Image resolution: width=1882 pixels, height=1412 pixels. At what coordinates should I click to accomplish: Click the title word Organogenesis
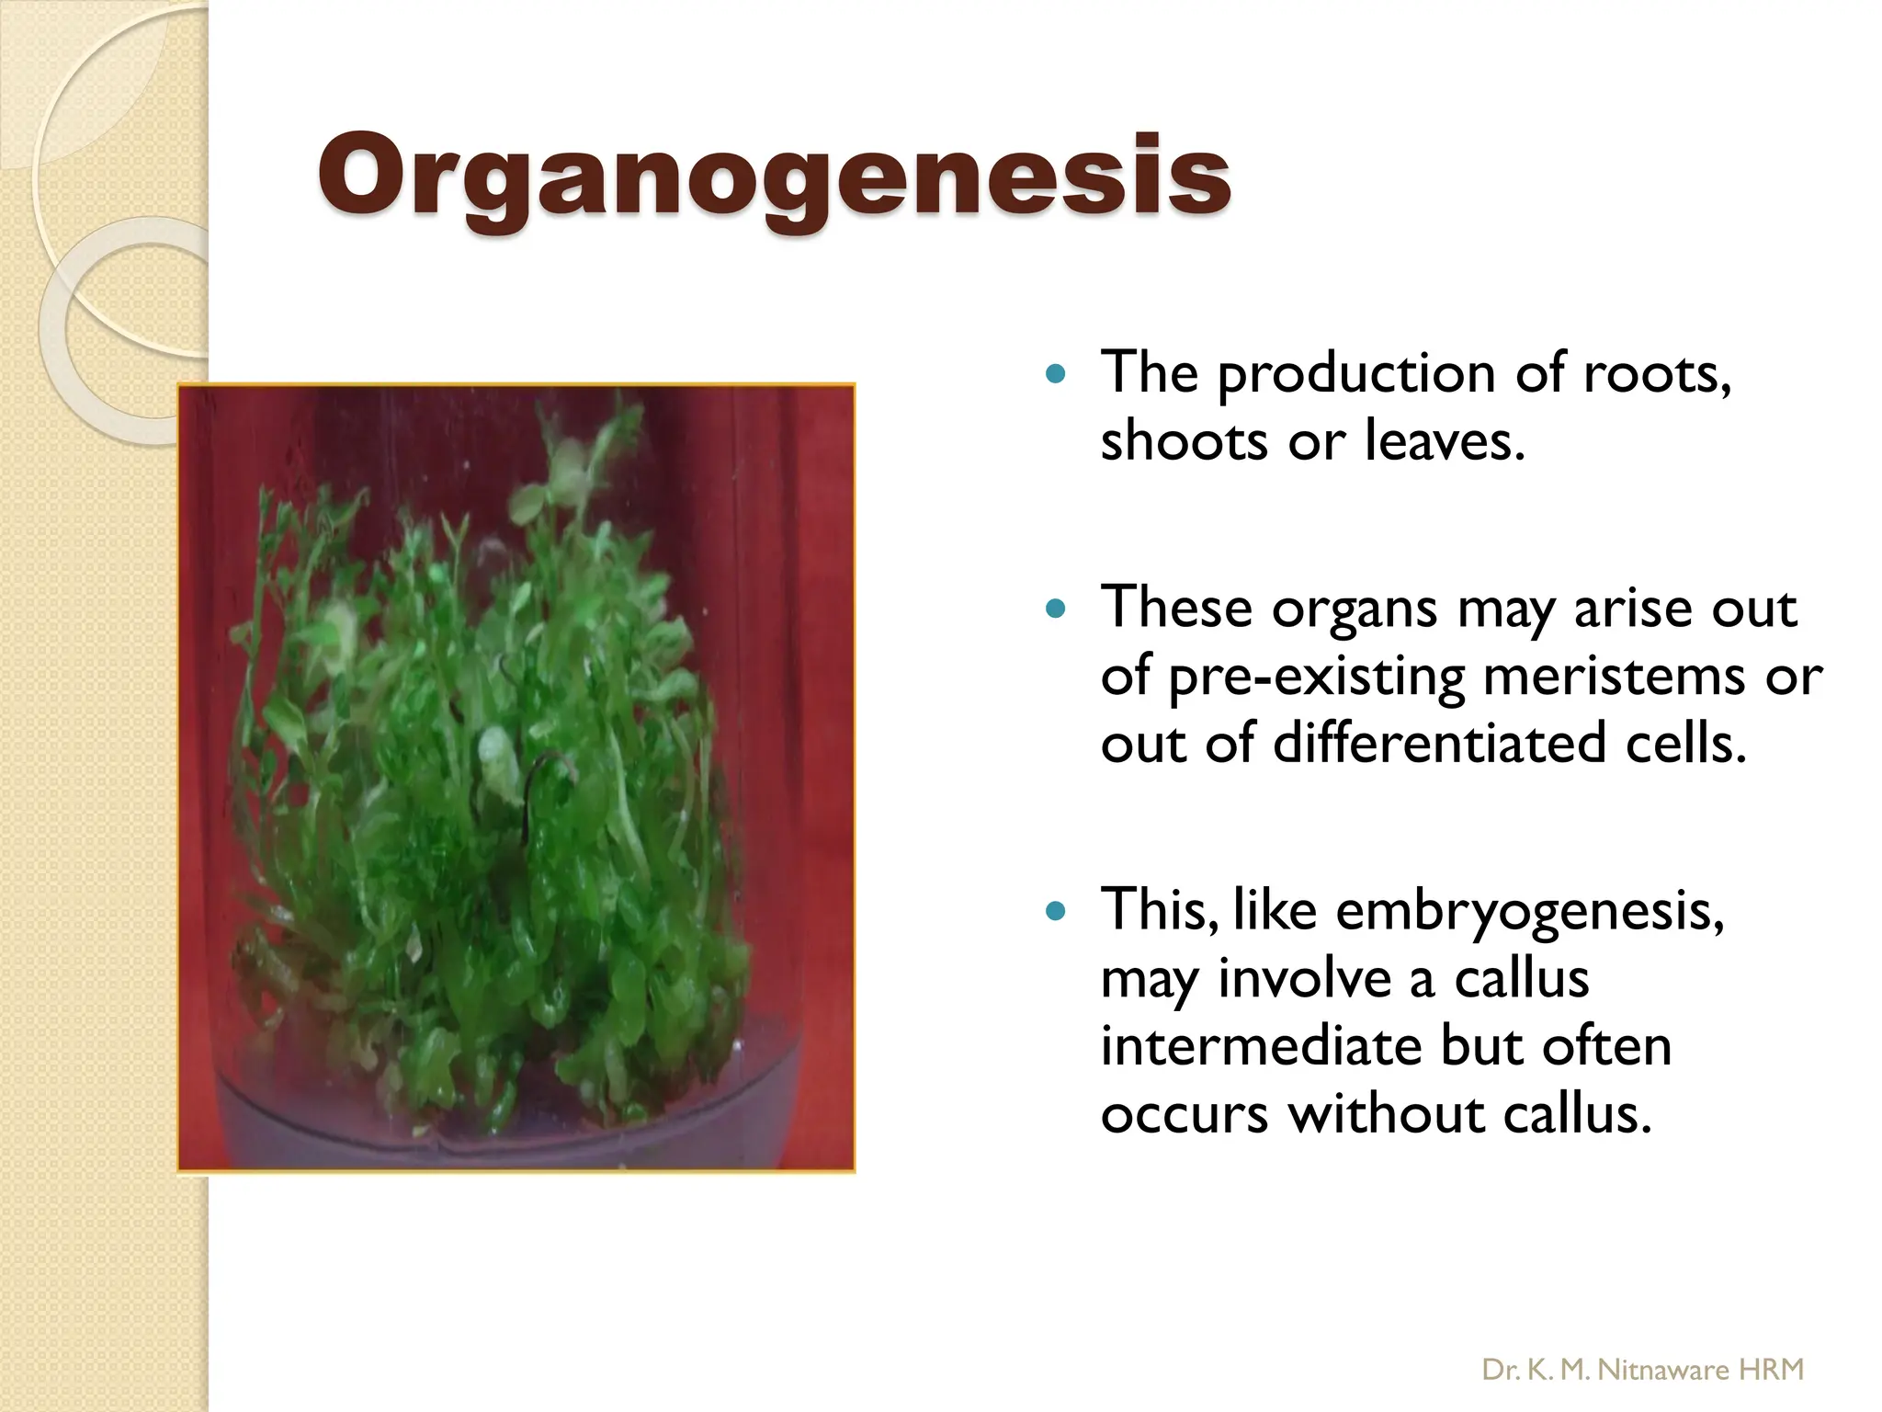click(x=774, y=176)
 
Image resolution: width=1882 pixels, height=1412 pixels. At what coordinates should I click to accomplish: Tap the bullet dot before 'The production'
click(x=1056, y=374)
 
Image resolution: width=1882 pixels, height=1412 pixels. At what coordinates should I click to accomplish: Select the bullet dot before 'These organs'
click(x=1056, y=609)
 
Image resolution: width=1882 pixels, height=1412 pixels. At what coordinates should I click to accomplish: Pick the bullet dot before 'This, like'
click(x=1056, y=911)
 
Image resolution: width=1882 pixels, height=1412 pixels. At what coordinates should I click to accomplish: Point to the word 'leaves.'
click(x=1445, y=441)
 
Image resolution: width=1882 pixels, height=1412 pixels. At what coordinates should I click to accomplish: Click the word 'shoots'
click(x=1185, y=441)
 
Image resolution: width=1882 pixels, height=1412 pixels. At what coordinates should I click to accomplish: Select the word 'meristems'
click(x=1614, y=677)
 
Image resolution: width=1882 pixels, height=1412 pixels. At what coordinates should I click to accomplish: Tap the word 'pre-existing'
click(x=1316, y=678)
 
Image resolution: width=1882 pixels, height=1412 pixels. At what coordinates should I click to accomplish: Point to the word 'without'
click(x=1386, y=1114)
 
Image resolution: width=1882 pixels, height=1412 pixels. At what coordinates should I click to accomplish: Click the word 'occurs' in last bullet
click(x=1185, y=1116)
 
